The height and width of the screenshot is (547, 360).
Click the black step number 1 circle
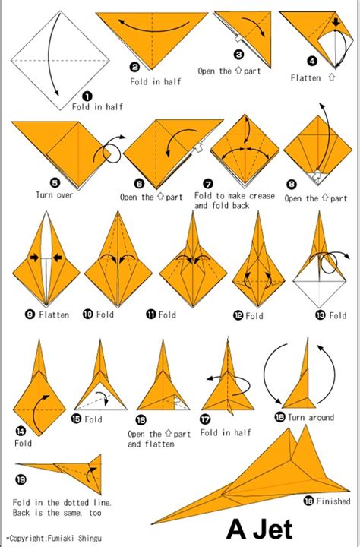click(x=87, y=96)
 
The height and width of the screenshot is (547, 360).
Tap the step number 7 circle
click(x=207, y=183)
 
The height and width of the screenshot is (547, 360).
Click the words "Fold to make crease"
click(x=235, y=196)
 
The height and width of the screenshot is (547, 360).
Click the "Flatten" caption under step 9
click(x=54, y=315)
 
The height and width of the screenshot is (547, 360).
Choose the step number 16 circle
click(x=141, y=419)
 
